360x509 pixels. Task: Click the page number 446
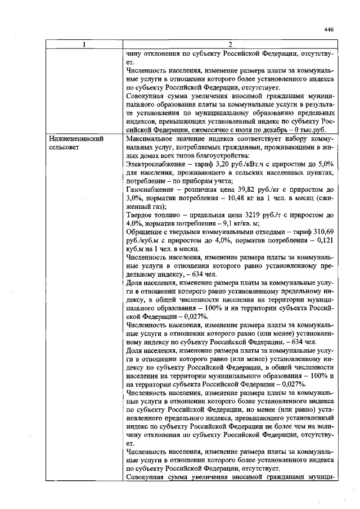pos(329,30)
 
